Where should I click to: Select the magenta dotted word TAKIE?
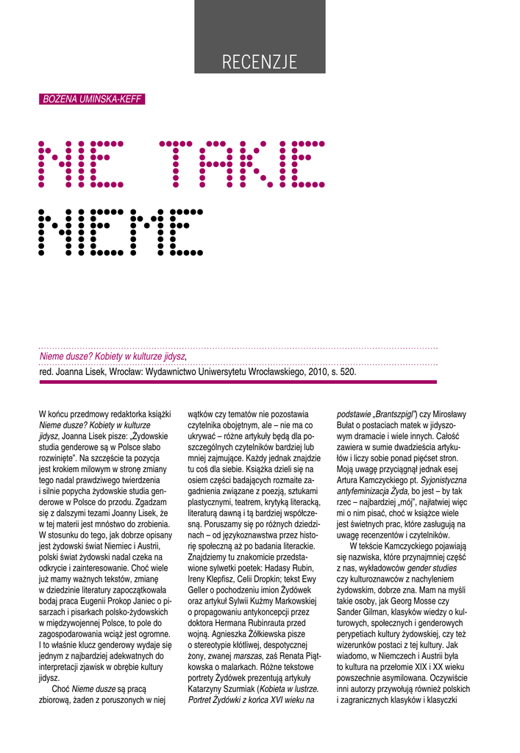(242, 163)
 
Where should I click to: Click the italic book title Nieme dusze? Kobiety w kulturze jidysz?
(112, 357)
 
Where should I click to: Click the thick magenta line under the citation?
(238, 382)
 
